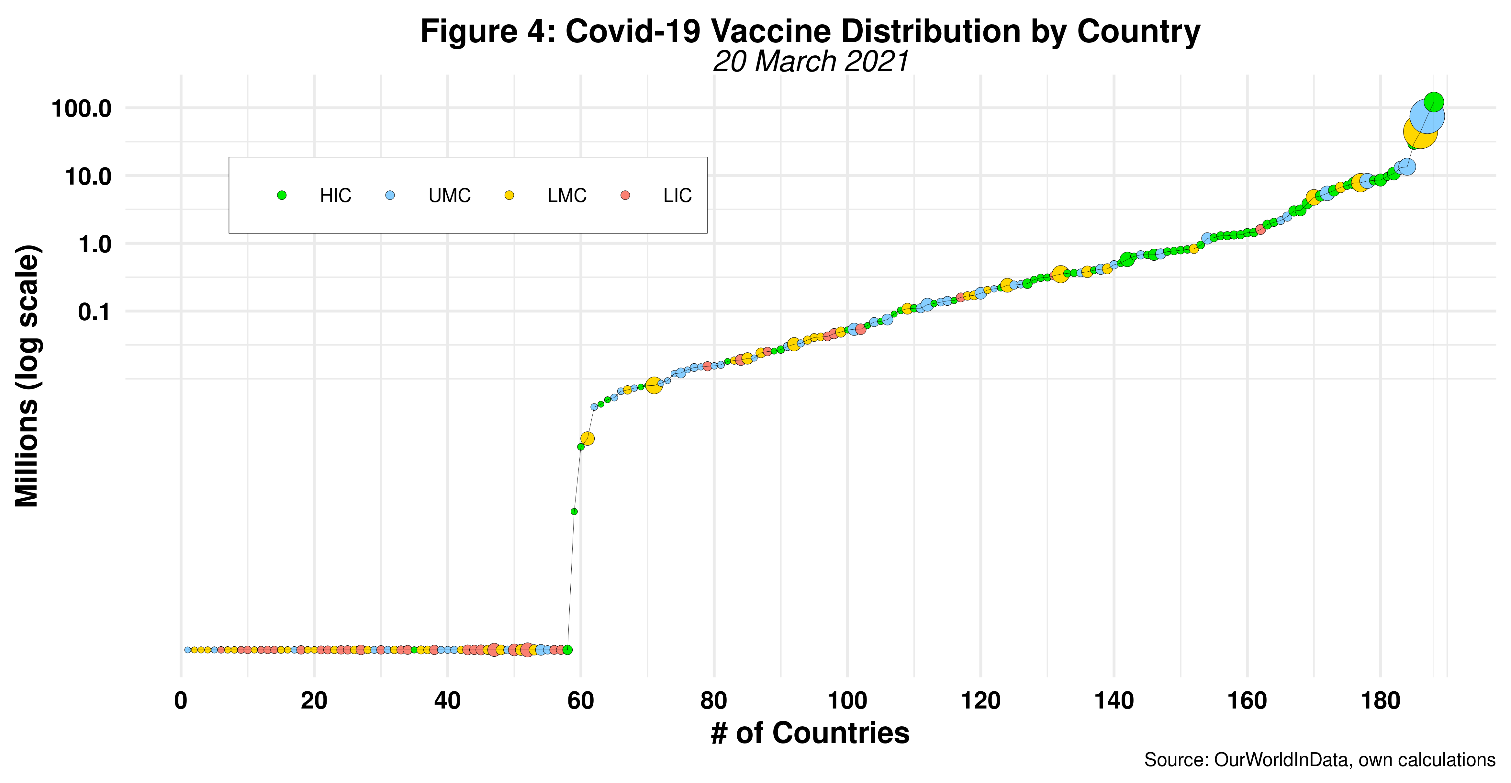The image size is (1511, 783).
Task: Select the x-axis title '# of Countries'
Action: tap(810, 733)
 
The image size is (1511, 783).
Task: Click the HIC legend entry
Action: tap(335, 196)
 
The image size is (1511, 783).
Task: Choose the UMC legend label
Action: tap(449, 196)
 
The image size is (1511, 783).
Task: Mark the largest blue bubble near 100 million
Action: tap(1427, 116)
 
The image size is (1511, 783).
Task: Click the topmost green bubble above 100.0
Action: tap(1434, 102)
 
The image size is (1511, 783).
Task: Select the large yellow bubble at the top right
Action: tap(1419, 132)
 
